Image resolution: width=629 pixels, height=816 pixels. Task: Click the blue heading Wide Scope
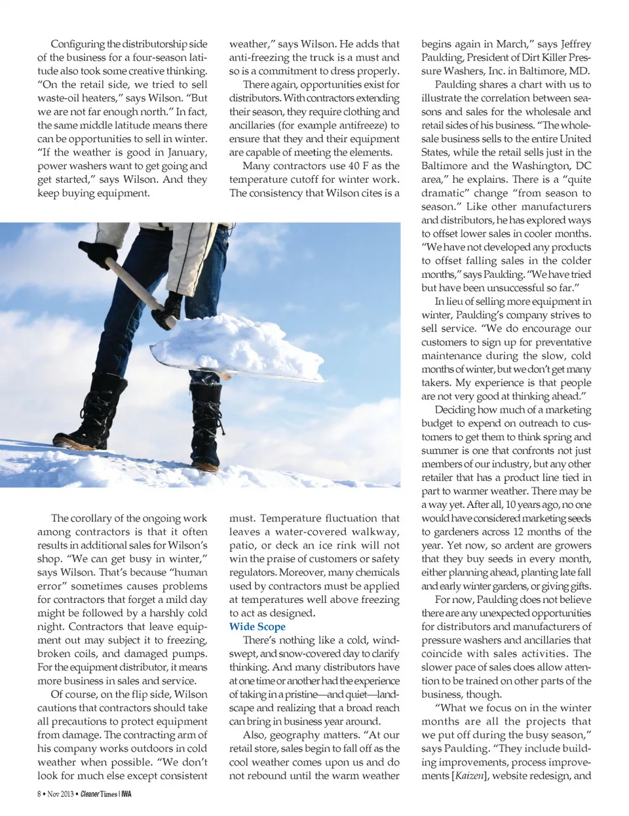[257, 627]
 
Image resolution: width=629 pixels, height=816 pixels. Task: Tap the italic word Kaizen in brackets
[470, 776]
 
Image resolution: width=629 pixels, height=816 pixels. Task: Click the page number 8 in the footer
[39, 794]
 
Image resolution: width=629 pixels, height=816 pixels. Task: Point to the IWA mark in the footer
[126, 794]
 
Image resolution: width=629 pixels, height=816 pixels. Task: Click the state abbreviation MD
[579, 71]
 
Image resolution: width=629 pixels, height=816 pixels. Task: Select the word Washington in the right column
[535, 166]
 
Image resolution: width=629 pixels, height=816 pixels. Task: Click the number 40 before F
[354, 166]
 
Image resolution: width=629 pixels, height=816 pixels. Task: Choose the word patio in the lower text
[243, 545]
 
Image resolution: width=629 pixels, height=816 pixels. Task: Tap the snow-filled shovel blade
[236, 347]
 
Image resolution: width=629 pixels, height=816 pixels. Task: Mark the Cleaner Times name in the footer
[99, 794]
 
